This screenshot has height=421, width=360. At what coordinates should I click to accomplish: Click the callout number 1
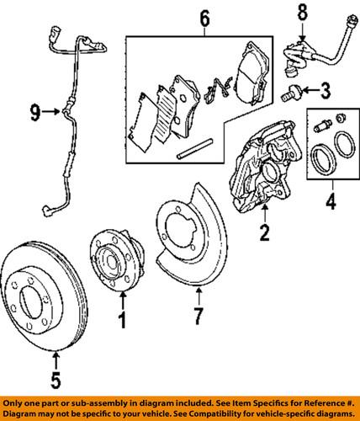pyautogui.click(x=122, y=321)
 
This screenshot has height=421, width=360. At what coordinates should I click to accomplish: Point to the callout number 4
pyautogui.click(x=330, y=202)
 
